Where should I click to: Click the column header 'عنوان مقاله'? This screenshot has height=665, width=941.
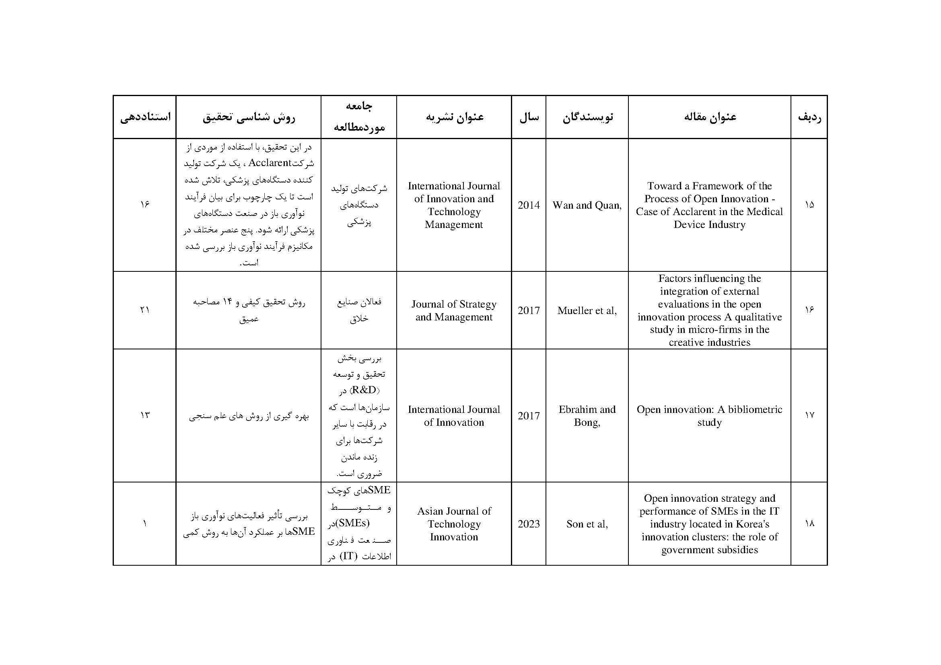tap(709, 117)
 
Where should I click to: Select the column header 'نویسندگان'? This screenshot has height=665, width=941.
tap(587, 117)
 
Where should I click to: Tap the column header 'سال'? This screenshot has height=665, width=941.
tap(529, 117)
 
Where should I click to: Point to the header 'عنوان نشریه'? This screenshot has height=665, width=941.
tap(454, 117)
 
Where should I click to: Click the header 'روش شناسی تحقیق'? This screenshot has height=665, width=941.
tap(248, 117)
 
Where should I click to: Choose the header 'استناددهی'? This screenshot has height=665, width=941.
tap(145, 117)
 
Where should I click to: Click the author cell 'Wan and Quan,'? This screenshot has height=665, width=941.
tap(587, 205)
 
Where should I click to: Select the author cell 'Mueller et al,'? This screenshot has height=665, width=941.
tap(587, 310)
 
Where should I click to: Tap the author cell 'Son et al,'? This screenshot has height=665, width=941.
tap(587, 524)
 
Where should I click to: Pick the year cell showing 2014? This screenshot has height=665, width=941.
tap(529, 205)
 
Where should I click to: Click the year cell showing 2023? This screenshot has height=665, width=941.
tap(529, 524)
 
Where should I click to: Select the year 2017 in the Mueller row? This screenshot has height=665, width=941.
tap(529, 310)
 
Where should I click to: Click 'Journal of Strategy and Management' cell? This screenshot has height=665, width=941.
tap(454, 310)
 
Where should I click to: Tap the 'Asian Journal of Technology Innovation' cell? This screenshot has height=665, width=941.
tap(454, 524)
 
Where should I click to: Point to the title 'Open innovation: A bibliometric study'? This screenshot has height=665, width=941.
tap(709, 416)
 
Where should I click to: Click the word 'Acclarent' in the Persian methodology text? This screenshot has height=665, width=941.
tap(270, 163)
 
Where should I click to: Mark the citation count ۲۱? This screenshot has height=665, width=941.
tap(145, 310)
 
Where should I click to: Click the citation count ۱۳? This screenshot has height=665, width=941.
tap(145, 415)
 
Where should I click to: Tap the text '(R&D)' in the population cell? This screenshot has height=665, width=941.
tap(364, 390)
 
